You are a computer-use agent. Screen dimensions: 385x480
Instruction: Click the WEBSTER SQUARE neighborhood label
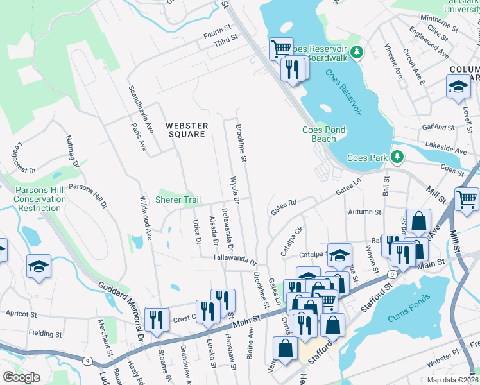[186, 130]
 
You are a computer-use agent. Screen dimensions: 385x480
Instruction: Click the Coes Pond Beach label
[324, 134]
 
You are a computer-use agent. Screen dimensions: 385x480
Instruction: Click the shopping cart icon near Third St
[280, 48]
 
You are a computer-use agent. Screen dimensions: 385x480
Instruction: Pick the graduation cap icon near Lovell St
[458, 88]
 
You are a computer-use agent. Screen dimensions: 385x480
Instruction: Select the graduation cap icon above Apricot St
[39, 266]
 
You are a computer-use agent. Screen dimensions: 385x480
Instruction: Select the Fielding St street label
[45, 334]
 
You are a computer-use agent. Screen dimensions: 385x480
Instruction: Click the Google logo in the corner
[21, 377]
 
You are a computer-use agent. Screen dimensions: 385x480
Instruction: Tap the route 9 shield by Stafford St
[392, 274]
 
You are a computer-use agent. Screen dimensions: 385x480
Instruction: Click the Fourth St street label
[217, 30]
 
